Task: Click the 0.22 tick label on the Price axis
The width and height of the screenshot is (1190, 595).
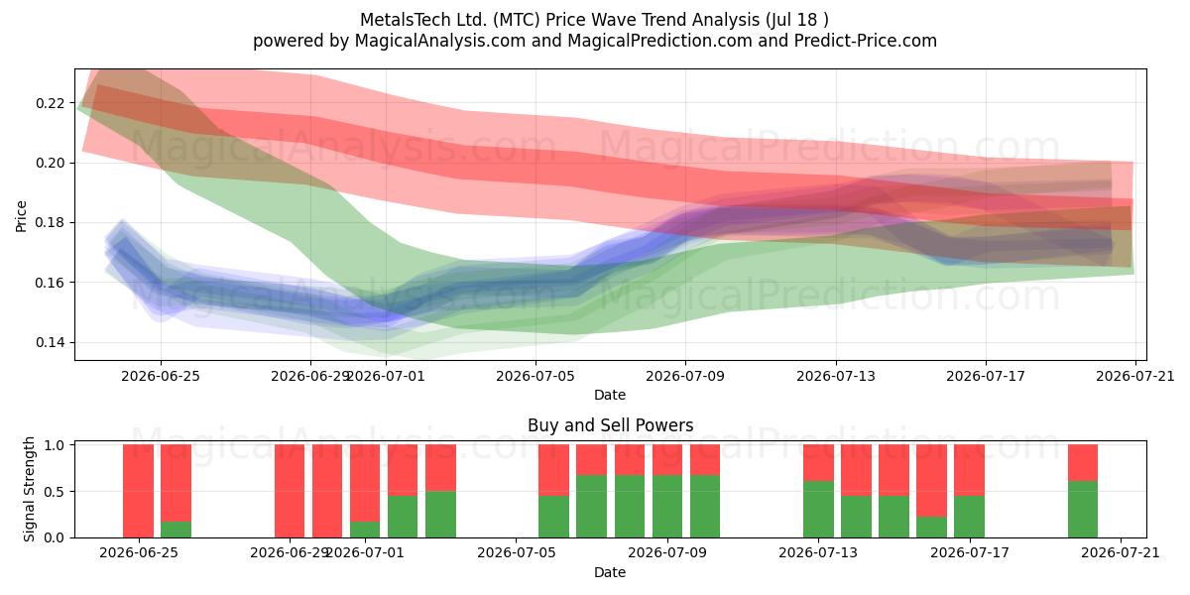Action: point(50,103)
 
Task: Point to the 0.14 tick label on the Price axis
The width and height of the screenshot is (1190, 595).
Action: point(50,343)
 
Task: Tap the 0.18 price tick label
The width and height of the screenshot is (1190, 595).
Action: point(50,222)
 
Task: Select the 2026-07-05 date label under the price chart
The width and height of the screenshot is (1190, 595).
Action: point(535,376)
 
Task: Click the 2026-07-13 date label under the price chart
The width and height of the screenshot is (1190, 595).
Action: point(835,376)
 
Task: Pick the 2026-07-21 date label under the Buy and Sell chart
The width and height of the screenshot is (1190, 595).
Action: point(1121,552)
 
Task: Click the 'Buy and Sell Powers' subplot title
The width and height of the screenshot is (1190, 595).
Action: point(611,425)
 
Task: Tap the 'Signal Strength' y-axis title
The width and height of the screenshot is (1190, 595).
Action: point(29,489)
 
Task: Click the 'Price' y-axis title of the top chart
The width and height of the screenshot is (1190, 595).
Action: point(21,216)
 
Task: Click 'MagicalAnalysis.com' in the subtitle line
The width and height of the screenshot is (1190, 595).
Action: point(440,41)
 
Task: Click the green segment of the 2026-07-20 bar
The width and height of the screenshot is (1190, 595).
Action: point(1083,510)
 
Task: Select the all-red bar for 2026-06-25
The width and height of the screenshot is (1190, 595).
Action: point(138,491)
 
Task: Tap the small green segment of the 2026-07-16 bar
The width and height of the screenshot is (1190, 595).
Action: point(931,527)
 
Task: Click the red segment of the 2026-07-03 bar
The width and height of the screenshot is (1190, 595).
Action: point(440,468)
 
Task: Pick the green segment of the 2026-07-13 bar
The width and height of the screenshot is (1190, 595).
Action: point(818,510)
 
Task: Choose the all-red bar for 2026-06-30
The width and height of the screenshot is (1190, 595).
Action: point(327,491)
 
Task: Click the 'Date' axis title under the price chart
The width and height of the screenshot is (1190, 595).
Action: point(610,395)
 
